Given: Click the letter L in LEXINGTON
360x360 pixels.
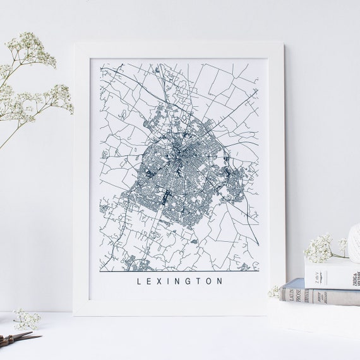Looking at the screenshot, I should point(138,282).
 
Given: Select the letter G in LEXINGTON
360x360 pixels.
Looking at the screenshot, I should point(188,282).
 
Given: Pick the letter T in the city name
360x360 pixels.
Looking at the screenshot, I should point(199,282).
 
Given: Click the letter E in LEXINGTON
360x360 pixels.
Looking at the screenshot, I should point(148,282).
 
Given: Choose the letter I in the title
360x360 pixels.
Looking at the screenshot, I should point(169,282).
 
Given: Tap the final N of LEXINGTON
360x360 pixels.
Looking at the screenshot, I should point(220,282).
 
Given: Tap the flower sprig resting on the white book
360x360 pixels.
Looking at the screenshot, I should point(322,248).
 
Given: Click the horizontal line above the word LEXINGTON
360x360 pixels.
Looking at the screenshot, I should point(180,271).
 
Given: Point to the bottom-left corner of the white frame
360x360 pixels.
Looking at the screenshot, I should point(75,314).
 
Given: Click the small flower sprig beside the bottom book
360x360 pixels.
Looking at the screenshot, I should point(274,291).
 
